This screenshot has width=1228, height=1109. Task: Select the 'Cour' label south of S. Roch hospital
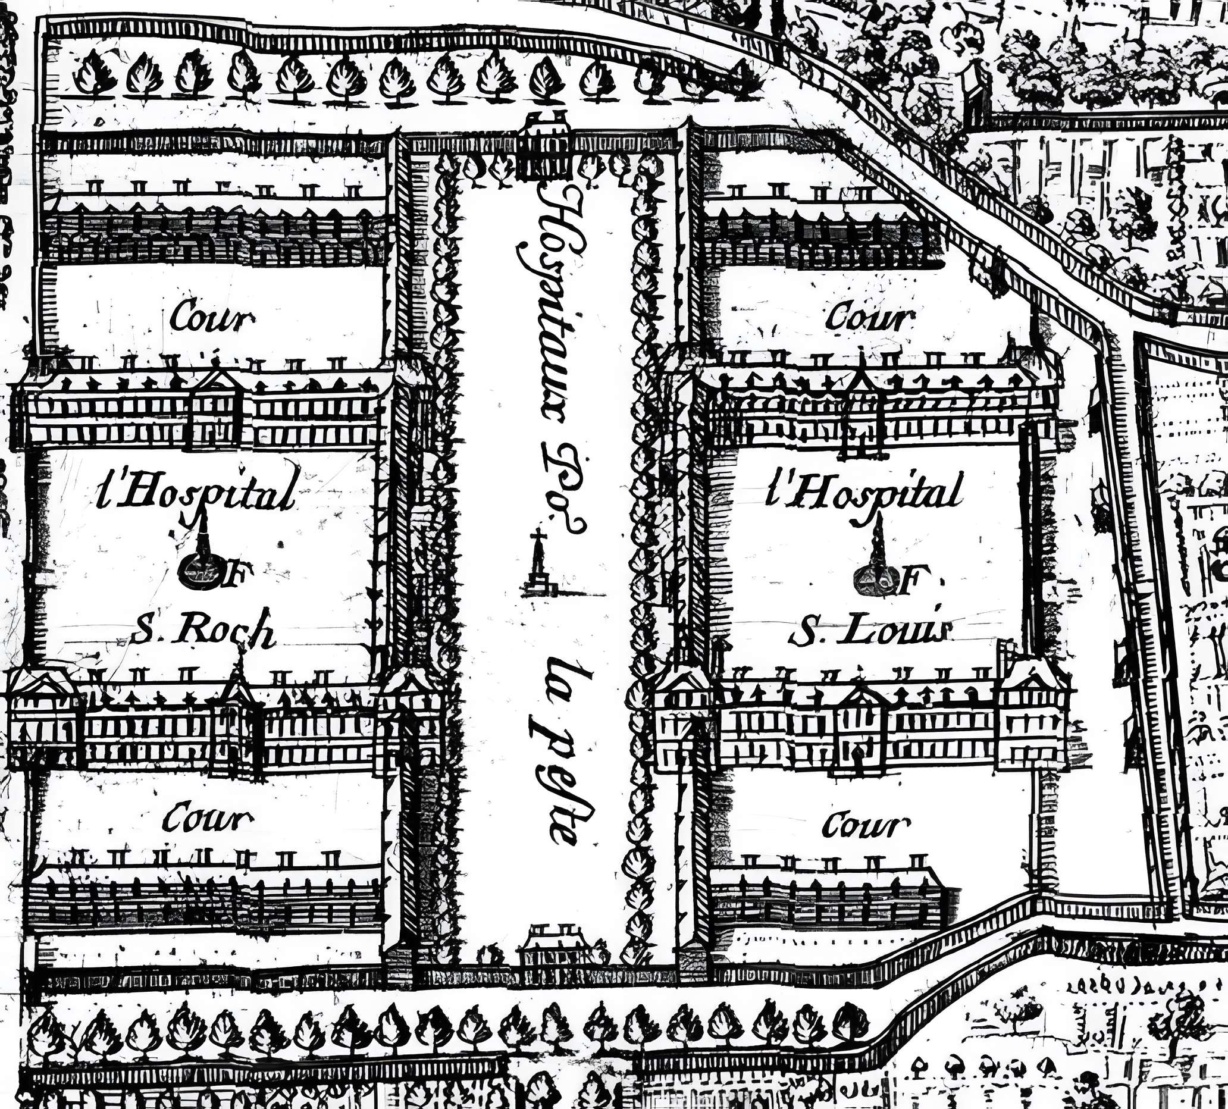[206, 818]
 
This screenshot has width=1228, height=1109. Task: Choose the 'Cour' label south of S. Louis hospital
[866, 825]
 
